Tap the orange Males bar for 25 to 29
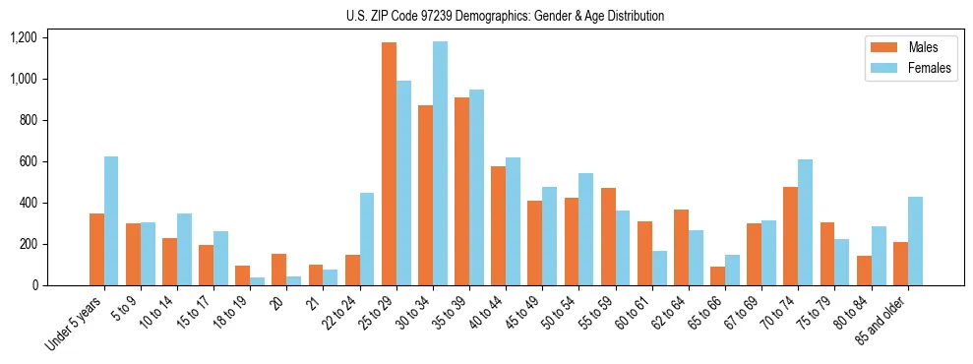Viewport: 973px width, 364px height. (389, 163)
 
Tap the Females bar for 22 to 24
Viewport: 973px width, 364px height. (367, 239)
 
